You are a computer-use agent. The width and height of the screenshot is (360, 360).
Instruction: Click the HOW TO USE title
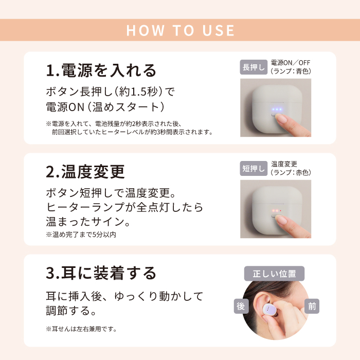click(x=180, y=30)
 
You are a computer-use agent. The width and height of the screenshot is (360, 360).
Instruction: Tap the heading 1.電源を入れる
click(x=101, y=70)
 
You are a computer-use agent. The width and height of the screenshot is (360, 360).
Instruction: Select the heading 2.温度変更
click(x=85, y=172)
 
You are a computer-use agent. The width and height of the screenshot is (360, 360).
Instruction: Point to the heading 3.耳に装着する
click(x=101, y=273)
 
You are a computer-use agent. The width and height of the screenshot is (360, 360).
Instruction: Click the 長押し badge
click(x=254, y=67)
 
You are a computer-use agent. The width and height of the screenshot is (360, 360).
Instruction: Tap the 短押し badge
click(x=254, y=168)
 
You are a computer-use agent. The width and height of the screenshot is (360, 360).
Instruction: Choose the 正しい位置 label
click(x=274, y=274)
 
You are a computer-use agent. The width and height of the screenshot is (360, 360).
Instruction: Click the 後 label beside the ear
click(x=241, y=306)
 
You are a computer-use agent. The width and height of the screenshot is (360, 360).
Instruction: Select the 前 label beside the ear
click(x=312, y=306)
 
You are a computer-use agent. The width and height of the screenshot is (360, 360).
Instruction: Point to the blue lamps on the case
click(x=277, y=110)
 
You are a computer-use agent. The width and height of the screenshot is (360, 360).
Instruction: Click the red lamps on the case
click(x=277, y=210)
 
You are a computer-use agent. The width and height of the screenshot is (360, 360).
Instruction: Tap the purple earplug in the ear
click(x=269, y=310)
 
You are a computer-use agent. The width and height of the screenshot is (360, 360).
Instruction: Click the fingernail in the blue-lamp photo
click(x=282, y=118)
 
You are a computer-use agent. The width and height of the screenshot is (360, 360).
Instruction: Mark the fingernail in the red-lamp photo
click(x=282, y=220)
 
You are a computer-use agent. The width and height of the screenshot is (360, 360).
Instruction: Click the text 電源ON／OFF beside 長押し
click(x=291, y=63)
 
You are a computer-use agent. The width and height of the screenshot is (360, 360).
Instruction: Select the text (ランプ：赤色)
click(x=291, y=172)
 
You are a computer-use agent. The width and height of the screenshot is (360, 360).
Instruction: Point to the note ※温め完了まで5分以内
click(x=81, y=235)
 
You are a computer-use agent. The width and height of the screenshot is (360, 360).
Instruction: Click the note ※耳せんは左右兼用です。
click(x=81, y=329)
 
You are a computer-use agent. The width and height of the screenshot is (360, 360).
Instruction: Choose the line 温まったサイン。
click(x=88, y=222)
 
